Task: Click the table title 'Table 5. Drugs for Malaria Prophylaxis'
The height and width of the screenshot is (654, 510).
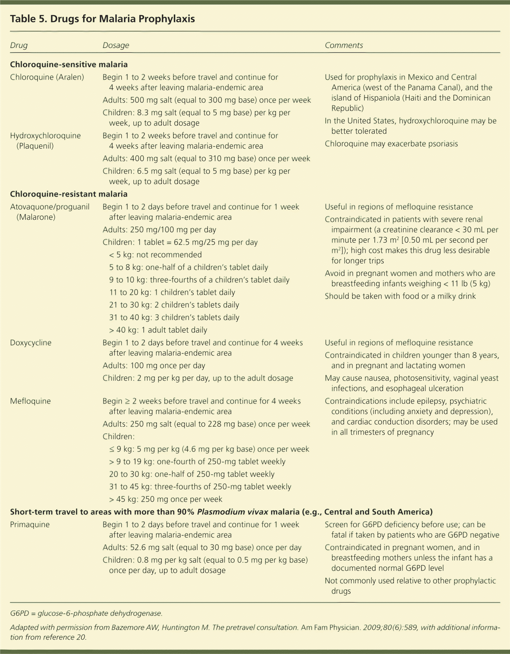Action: (102, 19)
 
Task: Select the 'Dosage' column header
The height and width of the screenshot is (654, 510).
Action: (116, 45)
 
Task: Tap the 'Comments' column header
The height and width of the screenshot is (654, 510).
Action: (344, 45)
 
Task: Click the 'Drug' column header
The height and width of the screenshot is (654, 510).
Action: (18, 45)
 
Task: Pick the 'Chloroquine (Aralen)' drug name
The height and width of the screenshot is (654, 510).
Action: (47, 77)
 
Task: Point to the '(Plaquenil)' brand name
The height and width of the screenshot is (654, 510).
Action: (35, 146)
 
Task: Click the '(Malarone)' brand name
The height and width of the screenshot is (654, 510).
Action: (36, 217)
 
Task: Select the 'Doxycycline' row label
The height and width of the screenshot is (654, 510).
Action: (31, 343)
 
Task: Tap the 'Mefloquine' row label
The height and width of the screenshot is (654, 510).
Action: (30, 401)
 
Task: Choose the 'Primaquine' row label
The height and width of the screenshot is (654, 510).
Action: (30, 524)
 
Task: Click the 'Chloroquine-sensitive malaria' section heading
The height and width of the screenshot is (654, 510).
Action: (69, 64)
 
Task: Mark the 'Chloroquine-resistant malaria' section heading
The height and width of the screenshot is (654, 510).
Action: (69, 194)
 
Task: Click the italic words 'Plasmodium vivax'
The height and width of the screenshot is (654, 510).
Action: (232, 512)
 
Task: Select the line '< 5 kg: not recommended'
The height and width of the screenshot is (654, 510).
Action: (155, 255)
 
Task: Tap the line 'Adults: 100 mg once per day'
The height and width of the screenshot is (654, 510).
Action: (154, 366)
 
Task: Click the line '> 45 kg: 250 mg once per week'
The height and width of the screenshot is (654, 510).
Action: (165, 499)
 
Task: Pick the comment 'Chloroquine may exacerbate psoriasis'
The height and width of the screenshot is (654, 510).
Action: (391, 144)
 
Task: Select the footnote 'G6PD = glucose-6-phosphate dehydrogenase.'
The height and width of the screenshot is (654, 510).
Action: (86, 613)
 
